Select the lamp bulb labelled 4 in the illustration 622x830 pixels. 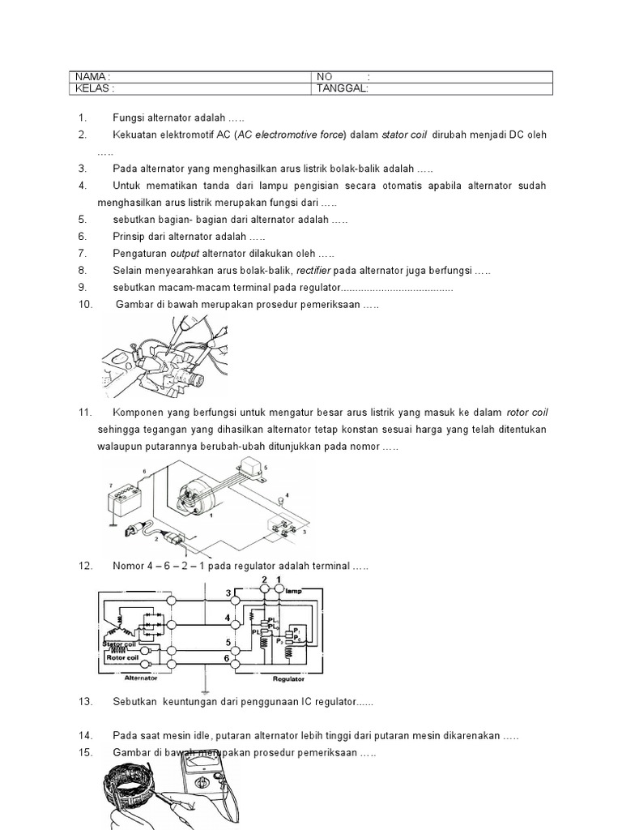click(x=279, y=502)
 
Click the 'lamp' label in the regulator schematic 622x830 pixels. click(x=293, y=592)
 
